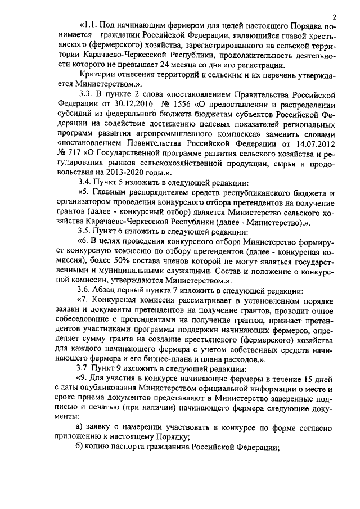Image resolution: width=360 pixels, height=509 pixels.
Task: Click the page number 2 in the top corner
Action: (x=334, y=16)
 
